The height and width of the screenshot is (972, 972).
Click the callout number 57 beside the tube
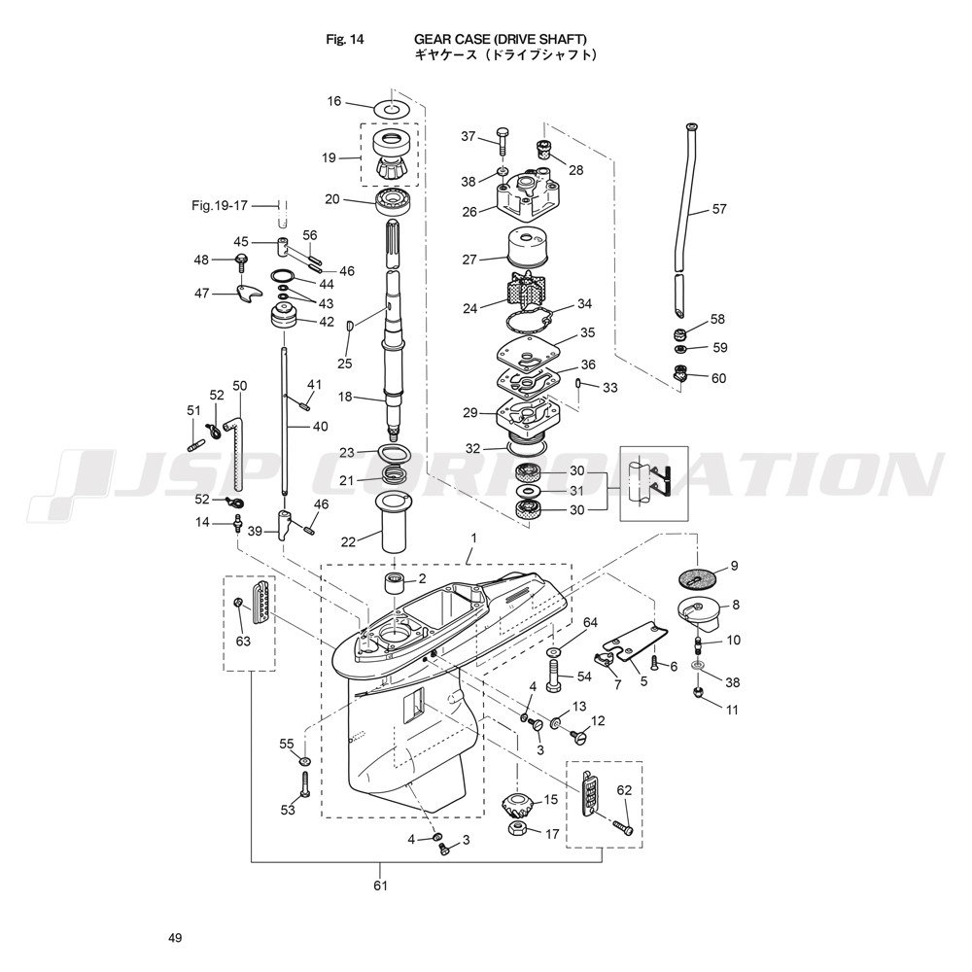719,209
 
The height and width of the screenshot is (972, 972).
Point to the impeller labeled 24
526,294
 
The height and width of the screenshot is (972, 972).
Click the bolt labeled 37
503,141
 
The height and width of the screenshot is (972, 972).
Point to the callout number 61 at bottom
380,885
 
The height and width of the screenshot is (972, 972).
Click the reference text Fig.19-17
220,205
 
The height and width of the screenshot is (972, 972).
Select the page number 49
175,938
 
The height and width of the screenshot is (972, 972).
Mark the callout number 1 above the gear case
473,538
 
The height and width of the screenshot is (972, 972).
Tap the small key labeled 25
350,325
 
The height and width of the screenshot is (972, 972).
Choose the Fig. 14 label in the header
345,40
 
